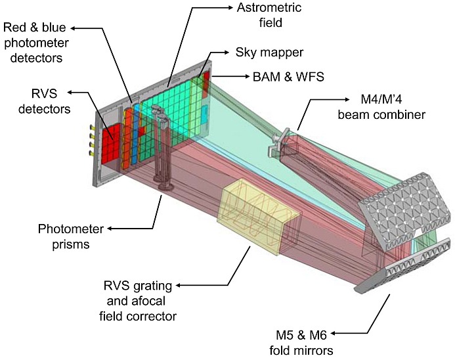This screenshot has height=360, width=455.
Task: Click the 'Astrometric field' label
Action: point(269,15)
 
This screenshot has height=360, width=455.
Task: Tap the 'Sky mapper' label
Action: point(269,53)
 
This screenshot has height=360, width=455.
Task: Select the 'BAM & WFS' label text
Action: point(288,77)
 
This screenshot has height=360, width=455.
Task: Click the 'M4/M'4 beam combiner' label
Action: point(381,107)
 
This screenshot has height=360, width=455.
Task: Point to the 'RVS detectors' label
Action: point(45,102)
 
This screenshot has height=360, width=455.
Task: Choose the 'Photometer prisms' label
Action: point(71,236)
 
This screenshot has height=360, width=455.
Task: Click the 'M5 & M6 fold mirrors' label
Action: point(301,343)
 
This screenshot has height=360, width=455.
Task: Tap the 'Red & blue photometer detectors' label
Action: point(36,43)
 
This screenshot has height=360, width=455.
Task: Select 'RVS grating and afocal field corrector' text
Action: point(138,301)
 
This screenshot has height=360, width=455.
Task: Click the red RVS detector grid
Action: point(111,143)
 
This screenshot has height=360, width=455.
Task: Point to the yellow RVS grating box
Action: point(258,216)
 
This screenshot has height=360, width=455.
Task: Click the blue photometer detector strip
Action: point(135,134)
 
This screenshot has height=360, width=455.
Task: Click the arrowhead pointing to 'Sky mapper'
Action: point(226,53)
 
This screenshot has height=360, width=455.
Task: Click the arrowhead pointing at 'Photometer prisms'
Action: point(110,229)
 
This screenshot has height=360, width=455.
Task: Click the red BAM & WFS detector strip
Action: point(206,84)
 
